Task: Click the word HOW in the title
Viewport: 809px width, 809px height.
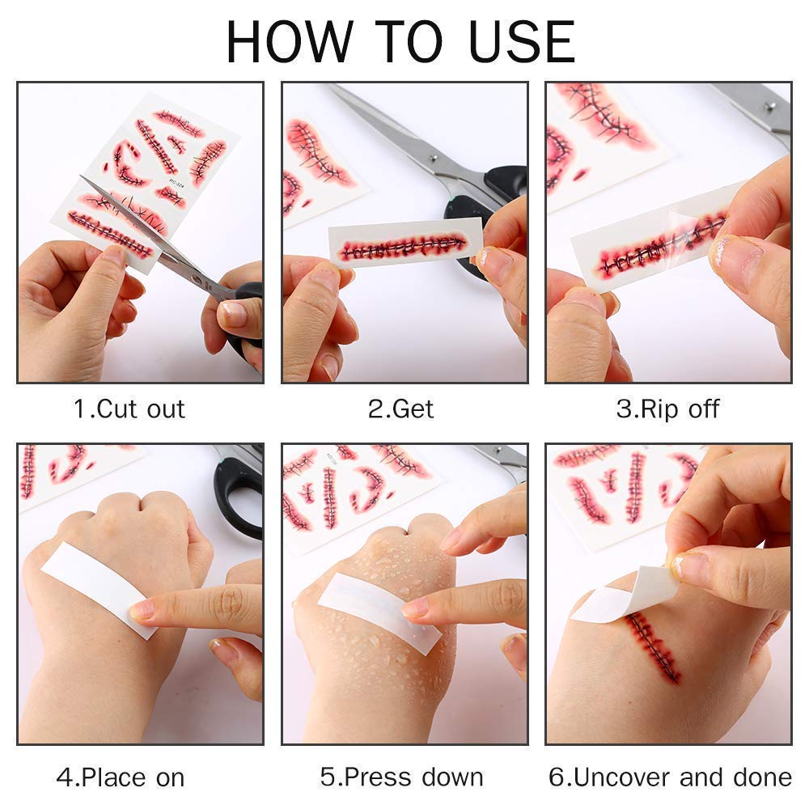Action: pyautogui.click(x=290, y=42)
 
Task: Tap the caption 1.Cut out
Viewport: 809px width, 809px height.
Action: pyautogui.click(x=129, y=409)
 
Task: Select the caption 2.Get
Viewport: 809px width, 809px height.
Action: pyautogui.click(x=400, y=409)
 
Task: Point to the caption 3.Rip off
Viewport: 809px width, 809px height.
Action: pyautogui.click(x=667, y=409)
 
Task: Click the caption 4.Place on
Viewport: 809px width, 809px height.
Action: pyautogui.click(x=121, y=777)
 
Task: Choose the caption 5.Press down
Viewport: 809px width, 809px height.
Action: pyautogui.click(x=402, y=777)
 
